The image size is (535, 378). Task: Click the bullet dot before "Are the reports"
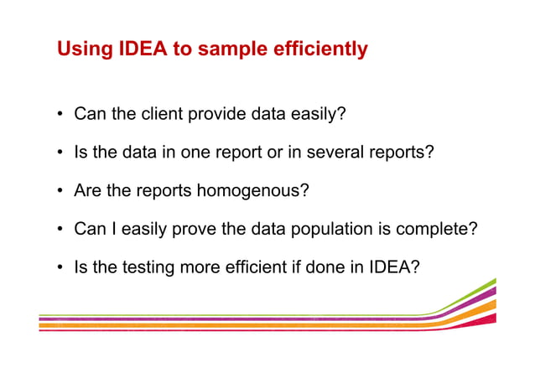[x=61, y=191]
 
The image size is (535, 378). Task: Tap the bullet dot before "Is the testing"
[x=61, y=267]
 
